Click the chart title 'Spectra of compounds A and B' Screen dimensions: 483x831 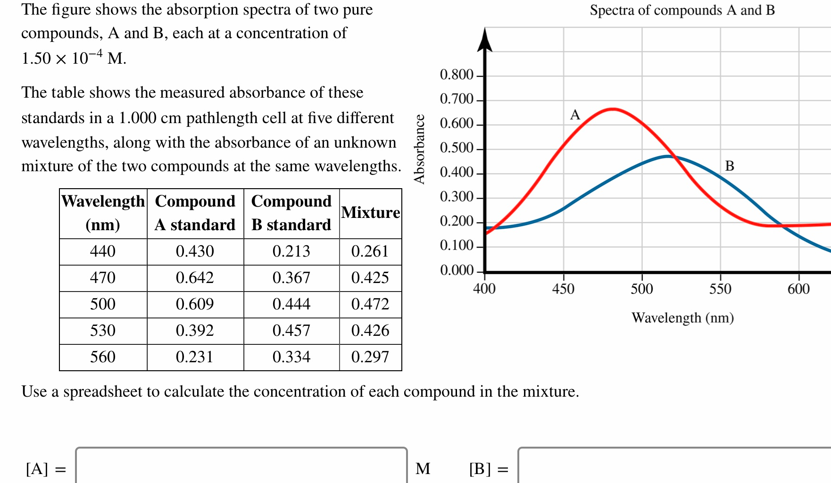[x=682, y=10]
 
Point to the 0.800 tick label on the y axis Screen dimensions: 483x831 [x=456, y=75]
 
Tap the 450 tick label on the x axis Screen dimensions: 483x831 [x=563, y=289]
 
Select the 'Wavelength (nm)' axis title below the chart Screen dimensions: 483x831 [x=682, y=318]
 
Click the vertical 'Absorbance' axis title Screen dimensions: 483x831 [x=419, y=149]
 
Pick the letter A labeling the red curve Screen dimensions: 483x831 [x=575, y=115]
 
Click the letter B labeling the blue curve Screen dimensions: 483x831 [x=730, y=166]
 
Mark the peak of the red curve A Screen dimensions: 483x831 [x=612, y=109]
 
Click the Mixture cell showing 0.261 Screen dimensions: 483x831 [x=370, y=251]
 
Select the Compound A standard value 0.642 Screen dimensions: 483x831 [x=195, y=278]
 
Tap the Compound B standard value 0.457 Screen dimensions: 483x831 [x=291, y=331]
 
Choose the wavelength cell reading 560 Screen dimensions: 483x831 [x=103, y=357]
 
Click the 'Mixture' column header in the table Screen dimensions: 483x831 [x=371, y=213]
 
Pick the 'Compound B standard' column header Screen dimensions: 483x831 [x=291, y=213]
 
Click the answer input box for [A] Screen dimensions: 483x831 [x=241, y=466]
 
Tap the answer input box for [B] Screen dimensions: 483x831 [x=674, y=466]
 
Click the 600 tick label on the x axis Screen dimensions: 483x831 [x=798, y=289]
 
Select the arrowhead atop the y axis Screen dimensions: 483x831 [x=485, y=40]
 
